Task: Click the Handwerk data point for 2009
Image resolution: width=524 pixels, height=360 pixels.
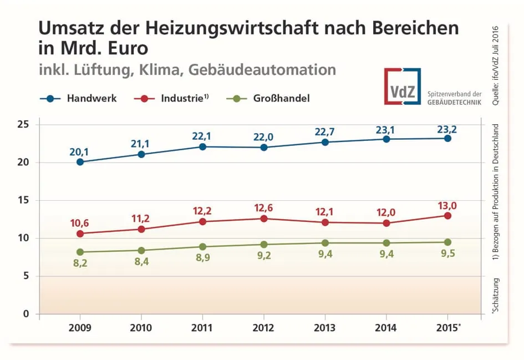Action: [x=80, y=162]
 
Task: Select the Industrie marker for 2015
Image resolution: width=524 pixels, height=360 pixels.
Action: [x=447, y=215]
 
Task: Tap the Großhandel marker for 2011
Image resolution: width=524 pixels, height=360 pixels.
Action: [x=202, y=246]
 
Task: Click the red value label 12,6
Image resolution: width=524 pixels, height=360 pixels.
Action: [x=264, y=207]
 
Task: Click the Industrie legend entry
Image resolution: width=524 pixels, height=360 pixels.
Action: [x=172, y=99]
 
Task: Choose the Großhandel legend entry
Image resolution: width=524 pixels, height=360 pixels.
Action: [x=269, y=99]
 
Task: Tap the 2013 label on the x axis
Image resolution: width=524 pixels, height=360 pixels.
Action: [x=325, y=328]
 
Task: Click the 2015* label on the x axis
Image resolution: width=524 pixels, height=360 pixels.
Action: [x=449, y=328]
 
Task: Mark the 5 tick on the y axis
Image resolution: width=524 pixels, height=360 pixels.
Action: [x=23, y=276]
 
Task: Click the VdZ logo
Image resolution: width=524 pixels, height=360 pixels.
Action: [x=402, y=87]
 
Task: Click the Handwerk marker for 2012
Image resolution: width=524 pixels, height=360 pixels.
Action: [x=264, y=148]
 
